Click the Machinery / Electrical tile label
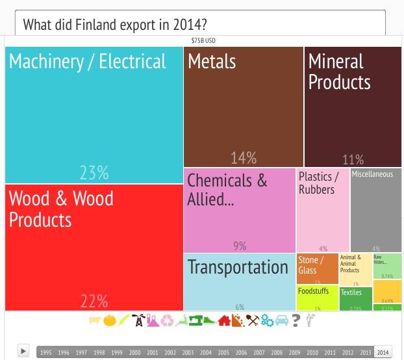coord(88,62)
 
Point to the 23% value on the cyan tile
coord(94,172)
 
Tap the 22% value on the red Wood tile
coord(94,301)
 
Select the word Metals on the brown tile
coord(212,62)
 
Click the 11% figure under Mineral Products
coord(353,160)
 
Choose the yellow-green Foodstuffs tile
coord(318,298)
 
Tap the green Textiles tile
coord(356,299)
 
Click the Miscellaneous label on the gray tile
coord(372,174)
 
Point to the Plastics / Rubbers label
coord(318,183)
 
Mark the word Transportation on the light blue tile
coord(238,267)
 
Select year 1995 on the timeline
coord(45,352)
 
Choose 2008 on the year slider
coord(277,352)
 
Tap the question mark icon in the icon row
coord(296,320)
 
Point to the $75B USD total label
coord(203,40)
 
